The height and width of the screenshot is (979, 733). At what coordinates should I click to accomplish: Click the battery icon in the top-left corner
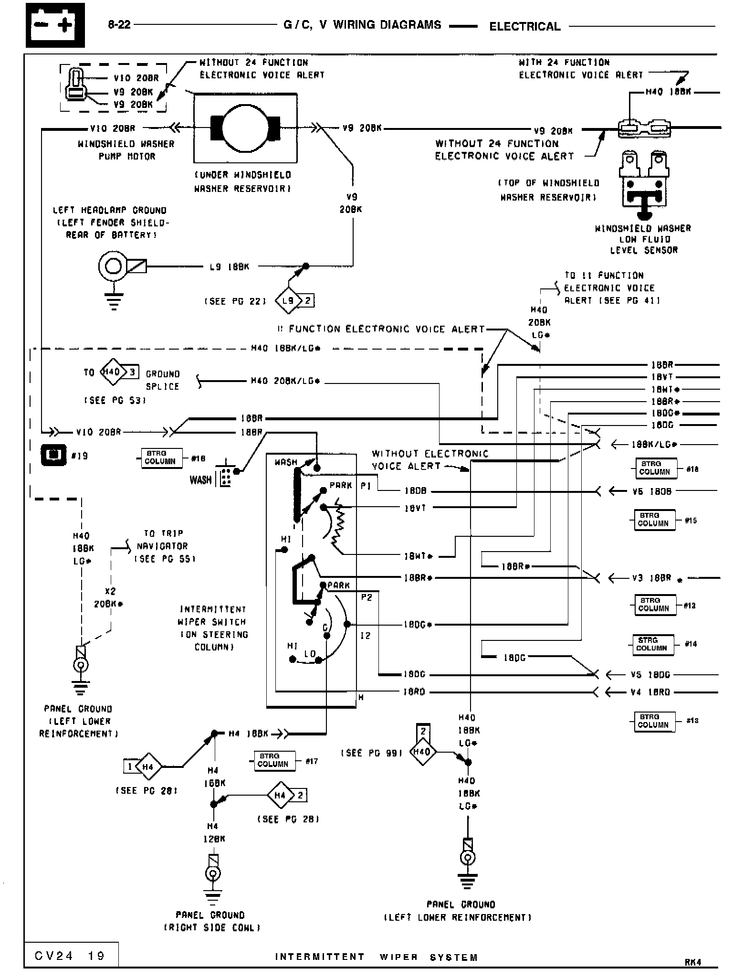(55, 25)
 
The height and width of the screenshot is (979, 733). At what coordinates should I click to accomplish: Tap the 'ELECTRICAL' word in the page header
(524, 26)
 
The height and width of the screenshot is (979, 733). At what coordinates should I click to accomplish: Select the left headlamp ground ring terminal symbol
(114, 266)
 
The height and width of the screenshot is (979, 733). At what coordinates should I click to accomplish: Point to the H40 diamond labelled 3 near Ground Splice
(113, 372)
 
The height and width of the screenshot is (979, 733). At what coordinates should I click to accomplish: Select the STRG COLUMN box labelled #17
(273, 760)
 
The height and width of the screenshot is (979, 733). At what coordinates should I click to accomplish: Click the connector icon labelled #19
(53, 455)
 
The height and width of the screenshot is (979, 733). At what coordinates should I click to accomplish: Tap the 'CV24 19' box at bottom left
(71, 955)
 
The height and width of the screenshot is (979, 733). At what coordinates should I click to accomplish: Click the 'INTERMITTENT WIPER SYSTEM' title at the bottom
(376, 957)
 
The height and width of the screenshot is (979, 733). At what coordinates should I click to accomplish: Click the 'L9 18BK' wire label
(230, 266)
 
